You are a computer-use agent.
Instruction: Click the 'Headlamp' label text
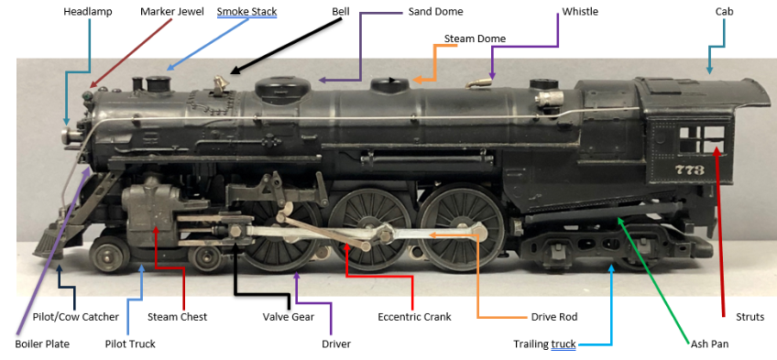[88, 11]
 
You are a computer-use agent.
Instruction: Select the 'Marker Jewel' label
[172, 11]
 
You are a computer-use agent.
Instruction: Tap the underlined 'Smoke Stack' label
[246, 11]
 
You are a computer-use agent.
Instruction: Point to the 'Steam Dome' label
[475, 38]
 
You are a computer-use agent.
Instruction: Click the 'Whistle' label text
[580, 11]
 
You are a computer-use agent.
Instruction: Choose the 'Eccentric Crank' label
[414, 316]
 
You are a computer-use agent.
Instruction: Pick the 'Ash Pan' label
[709, 344]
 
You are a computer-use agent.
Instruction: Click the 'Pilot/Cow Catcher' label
[76, 316]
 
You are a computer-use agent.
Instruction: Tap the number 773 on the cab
[689, 169]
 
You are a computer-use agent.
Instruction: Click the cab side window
[702, 139]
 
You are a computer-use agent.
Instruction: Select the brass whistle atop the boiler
[478, 83]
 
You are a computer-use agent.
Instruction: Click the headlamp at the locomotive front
[70, 134]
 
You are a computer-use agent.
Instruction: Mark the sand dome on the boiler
[282, 87]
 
